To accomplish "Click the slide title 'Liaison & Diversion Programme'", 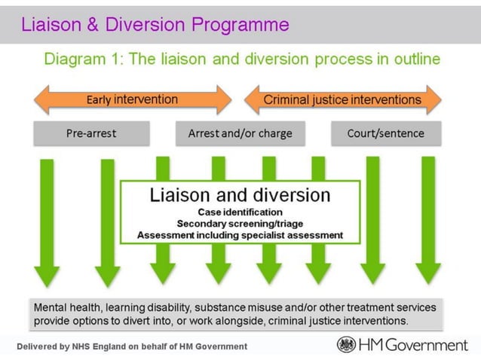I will (x=155, y=24).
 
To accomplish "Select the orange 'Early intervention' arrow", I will (x=132, y=99).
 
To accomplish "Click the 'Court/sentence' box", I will (x=386, y=134).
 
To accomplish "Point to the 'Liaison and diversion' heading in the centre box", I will (x=240, y=195).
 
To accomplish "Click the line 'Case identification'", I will (x=240, y=212).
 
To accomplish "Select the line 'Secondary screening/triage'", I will (x=240, y=223).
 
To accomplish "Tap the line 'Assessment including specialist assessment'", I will (x=240, y=235).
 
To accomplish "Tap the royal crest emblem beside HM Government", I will (x=347, y=345).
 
